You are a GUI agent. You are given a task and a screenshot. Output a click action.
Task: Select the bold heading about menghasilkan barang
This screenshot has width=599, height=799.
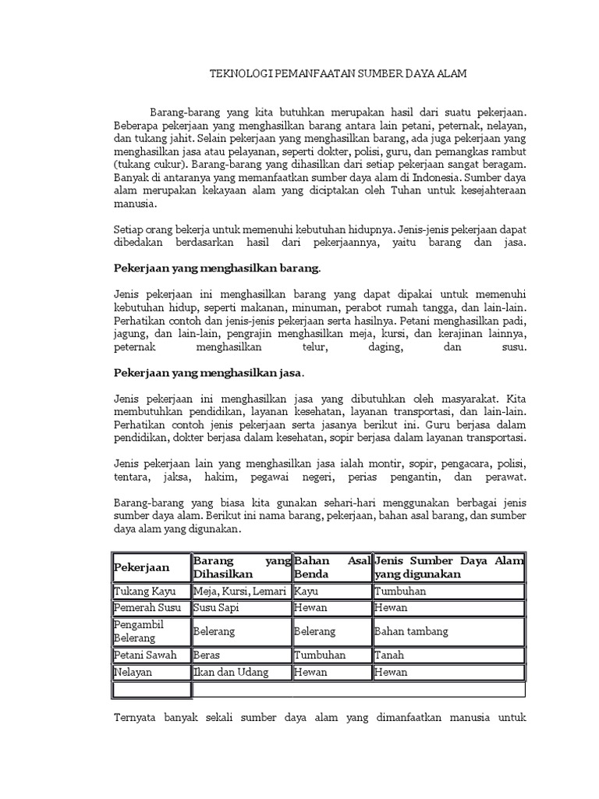[217, 268]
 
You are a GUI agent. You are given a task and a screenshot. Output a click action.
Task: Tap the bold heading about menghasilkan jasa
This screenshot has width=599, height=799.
[209, 371]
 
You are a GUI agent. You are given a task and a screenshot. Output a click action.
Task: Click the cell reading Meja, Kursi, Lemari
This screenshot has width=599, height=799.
[240, 591]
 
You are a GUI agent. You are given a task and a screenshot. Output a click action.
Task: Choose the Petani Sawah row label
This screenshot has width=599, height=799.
[145, 655]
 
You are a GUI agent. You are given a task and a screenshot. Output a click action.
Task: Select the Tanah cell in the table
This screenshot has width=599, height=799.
[388, 655]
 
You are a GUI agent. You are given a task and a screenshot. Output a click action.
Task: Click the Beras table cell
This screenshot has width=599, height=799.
[206, 655]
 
